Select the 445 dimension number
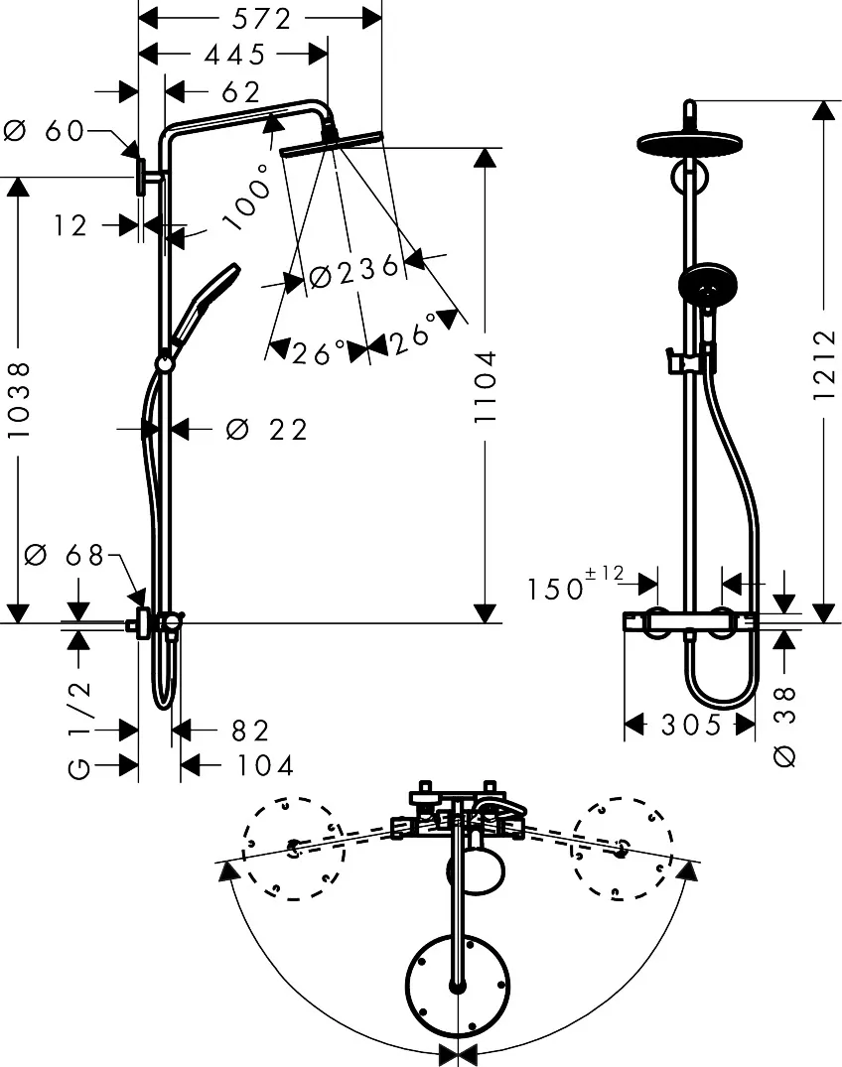pos(235,55)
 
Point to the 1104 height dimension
pos(486,387)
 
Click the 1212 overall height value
pos(824,364)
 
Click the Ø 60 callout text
pos(46,131)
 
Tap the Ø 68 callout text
pos(63,555)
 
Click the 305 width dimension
pos(691,726)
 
